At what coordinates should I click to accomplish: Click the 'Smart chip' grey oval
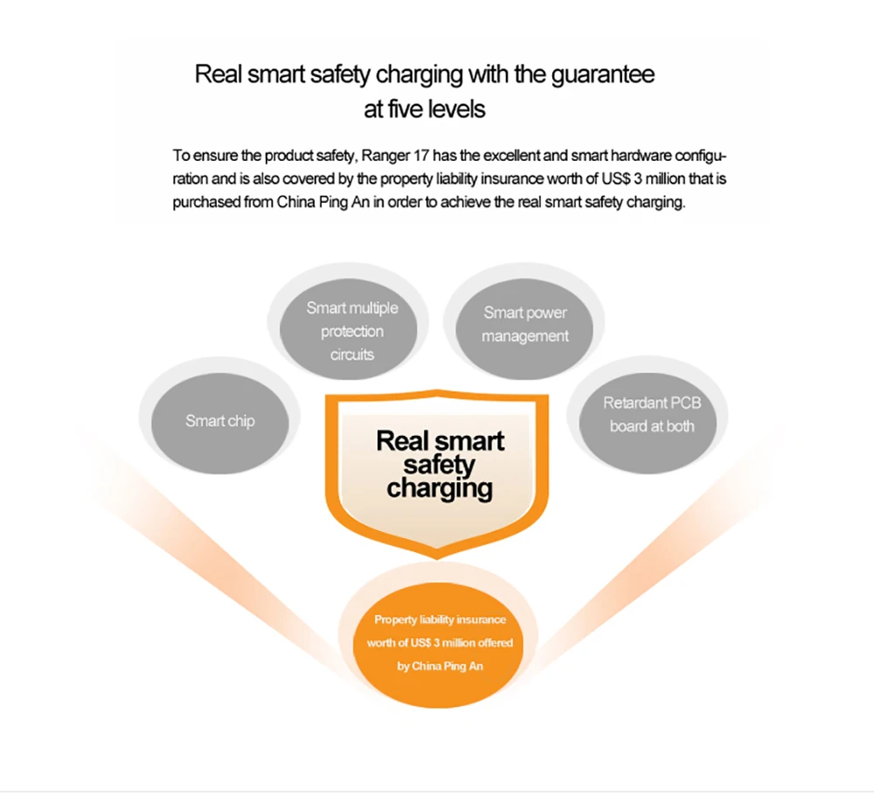(x=219, y=421)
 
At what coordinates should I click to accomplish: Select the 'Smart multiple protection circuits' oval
(x=351, y=331)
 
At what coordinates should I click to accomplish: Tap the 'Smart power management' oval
(x=524, y=324)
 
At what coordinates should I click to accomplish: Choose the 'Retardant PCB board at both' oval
(x=651, y=415)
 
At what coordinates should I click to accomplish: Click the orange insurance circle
(x=440, y=643)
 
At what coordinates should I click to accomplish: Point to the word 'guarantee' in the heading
(x=602, y=73)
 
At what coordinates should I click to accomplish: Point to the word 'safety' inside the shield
(x=440, y=465)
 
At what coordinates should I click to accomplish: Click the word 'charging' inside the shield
(x=440, y=487)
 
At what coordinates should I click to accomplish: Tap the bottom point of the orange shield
(x=438, y=556)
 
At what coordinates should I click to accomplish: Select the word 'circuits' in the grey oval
(x=352, y=355)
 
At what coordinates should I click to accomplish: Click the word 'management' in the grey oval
(x=524, y=336)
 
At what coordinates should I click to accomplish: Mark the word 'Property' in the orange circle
(x=395, y=619)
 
